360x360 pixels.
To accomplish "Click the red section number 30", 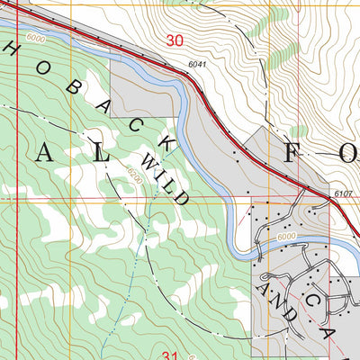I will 175,40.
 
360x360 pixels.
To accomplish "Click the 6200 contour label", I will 134,175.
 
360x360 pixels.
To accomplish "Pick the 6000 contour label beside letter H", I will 36,39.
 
